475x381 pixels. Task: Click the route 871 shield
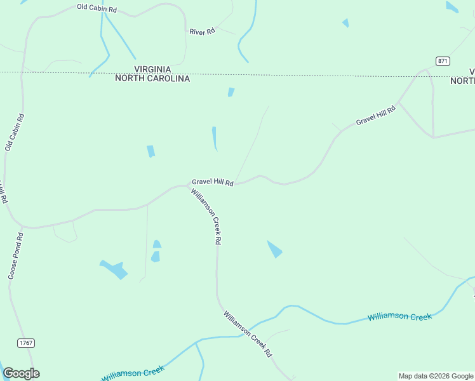coord(443,60)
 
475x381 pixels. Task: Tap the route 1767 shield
coord(26,343)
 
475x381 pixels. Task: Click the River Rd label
coord(203,31)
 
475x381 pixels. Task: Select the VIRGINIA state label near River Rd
coord(152,69)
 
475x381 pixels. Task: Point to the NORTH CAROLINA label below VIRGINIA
coord(152,79)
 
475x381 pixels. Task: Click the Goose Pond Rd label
coord(16,255)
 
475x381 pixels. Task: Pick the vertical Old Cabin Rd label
coord(15,132)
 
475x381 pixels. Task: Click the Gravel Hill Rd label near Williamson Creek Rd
coord(213,182)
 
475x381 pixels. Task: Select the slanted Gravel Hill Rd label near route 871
coord(375,115)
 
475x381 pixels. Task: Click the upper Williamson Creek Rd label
coord(207,217)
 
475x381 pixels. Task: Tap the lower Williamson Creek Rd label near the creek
coord(248,333)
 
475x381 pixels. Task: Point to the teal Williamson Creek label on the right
coord(399,317)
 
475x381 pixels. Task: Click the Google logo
coord(21,373)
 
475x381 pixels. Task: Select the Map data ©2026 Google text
coord(436,376)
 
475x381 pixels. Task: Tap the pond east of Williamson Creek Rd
coord(274,249)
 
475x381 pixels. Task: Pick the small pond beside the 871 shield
coord(452,7)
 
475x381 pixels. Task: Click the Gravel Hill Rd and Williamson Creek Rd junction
coord(191,185)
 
